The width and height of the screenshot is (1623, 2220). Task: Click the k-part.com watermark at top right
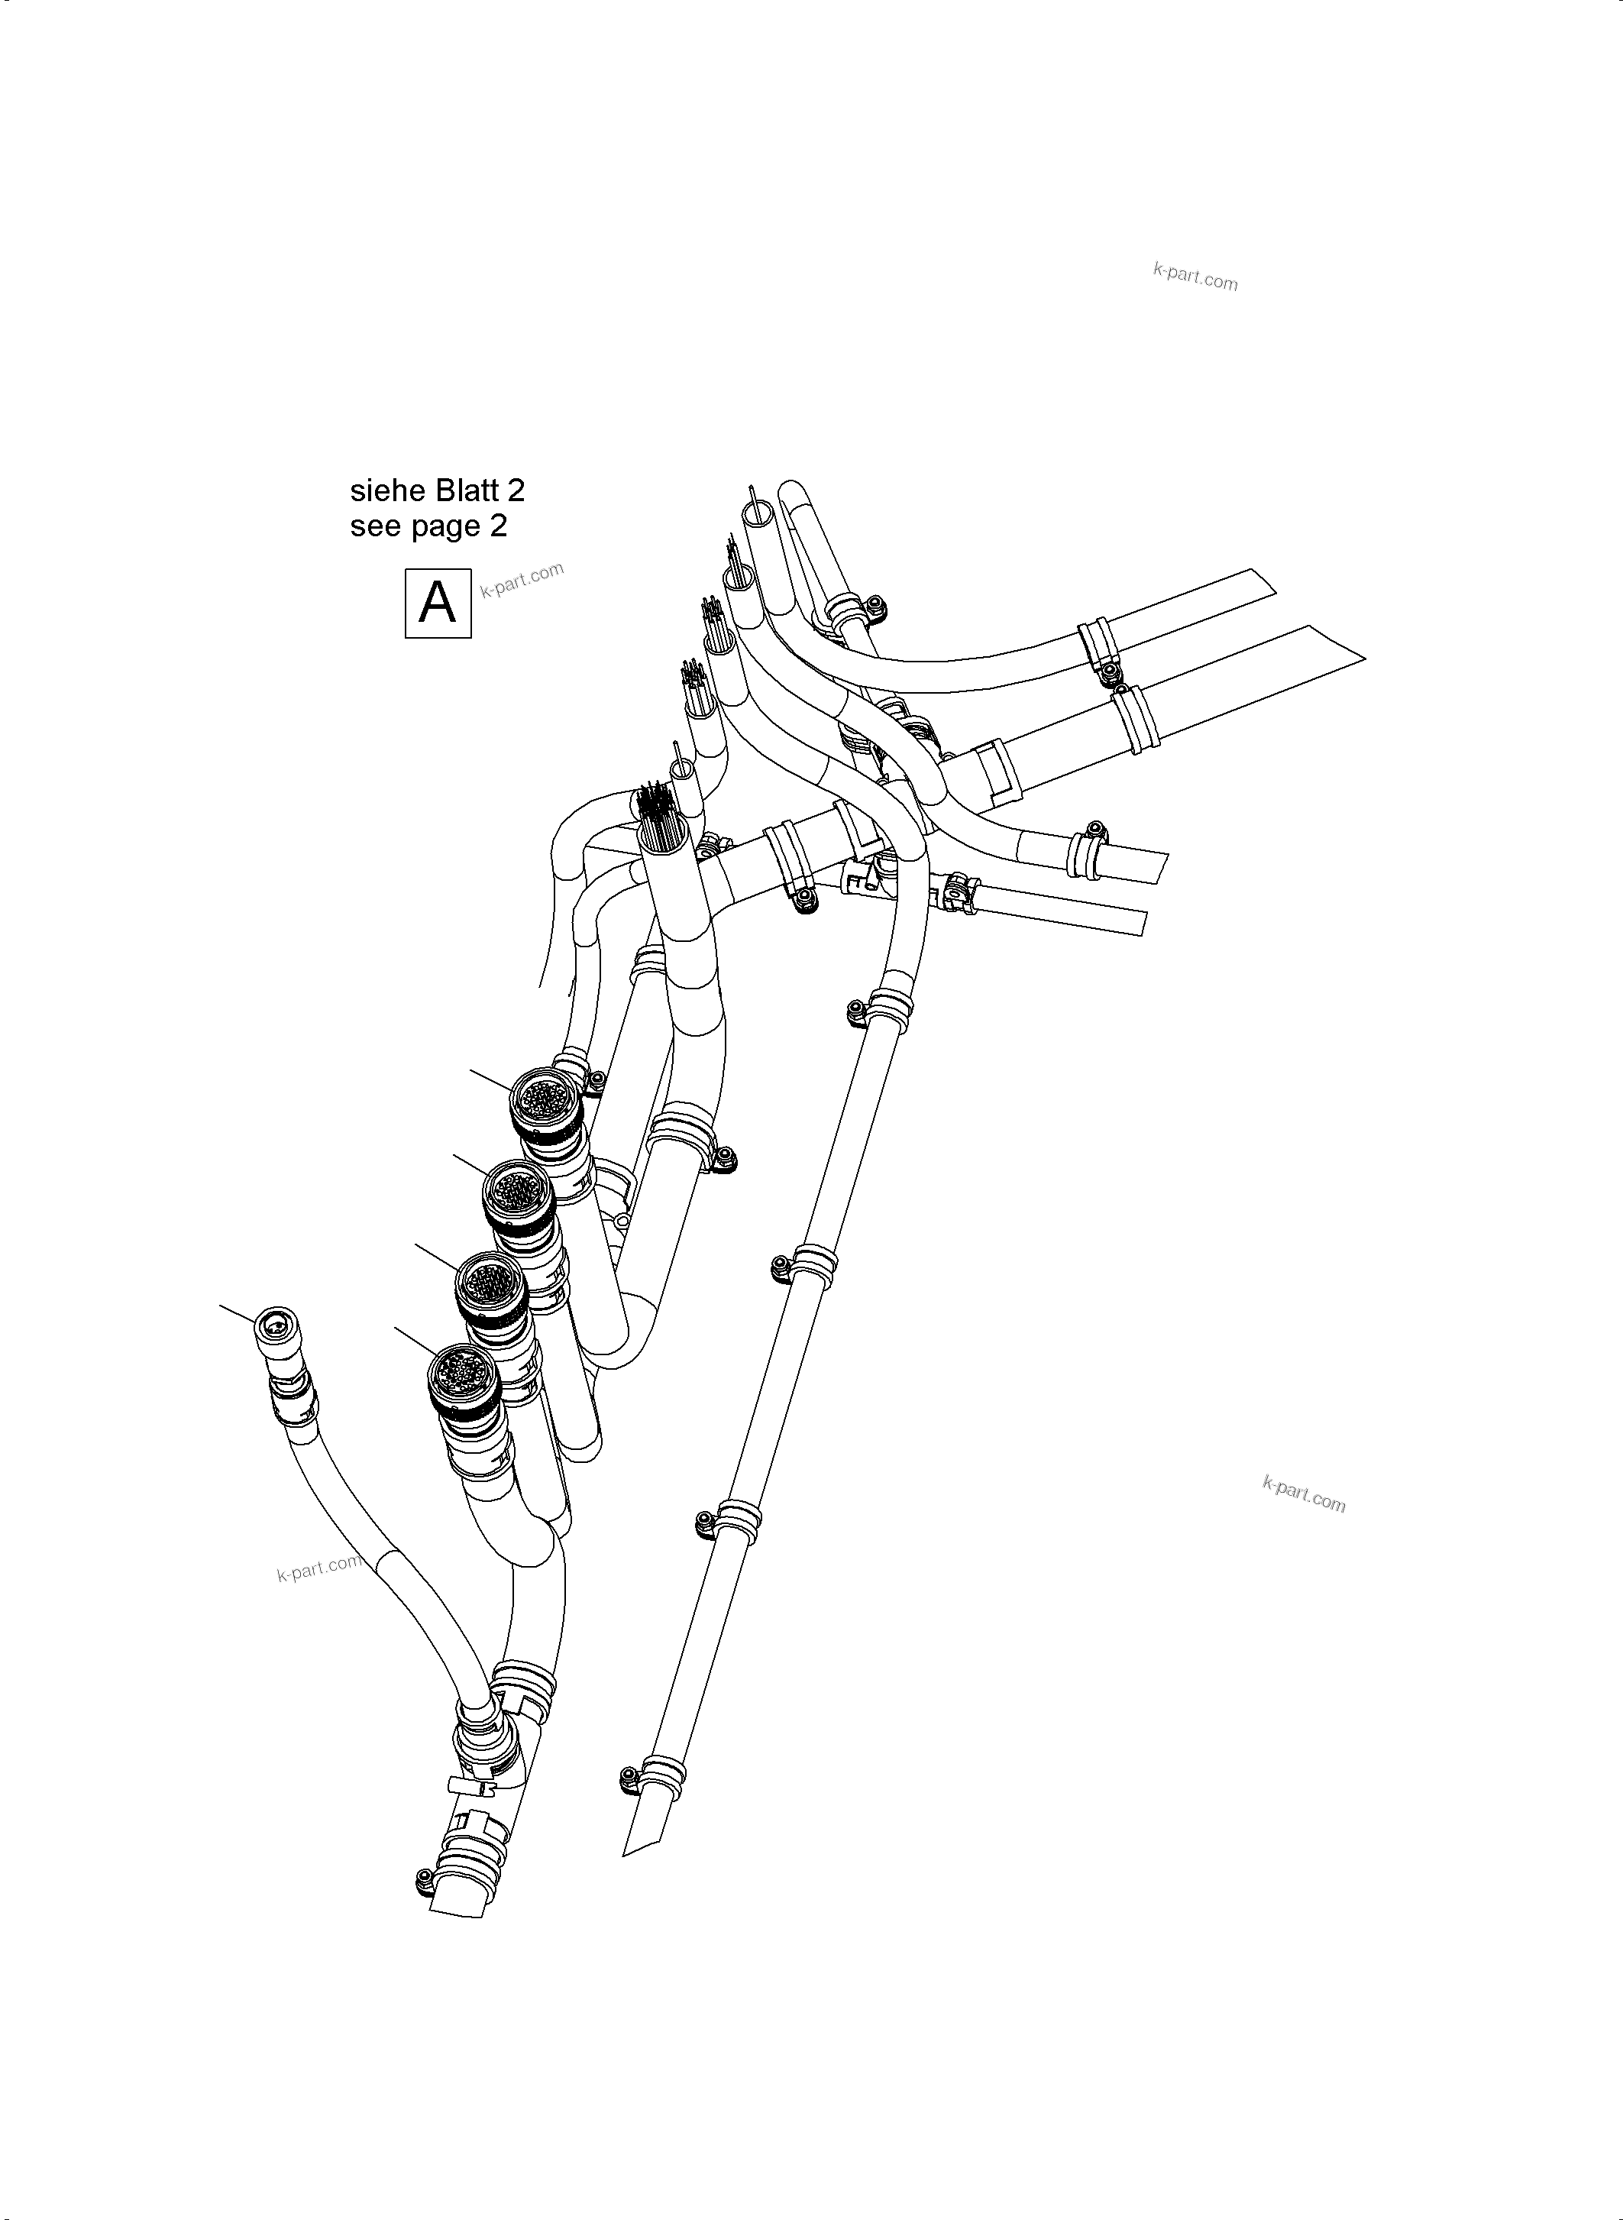click(1195, 278)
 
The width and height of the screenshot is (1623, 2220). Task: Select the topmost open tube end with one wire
click(758, 512)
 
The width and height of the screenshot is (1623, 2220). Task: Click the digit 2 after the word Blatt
click(516, 490)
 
